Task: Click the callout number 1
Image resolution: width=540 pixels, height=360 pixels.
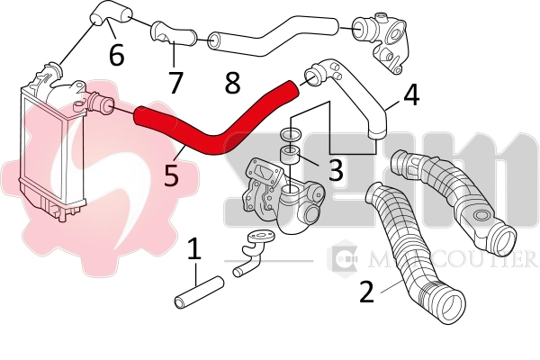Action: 193,249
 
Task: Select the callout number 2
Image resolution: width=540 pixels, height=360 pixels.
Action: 366,292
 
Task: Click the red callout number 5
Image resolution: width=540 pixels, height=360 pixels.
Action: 171,173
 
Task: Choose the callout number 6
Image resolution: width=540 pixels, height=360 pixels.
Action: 116,56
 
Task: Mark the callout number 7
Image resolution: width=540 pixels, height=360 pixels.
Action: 175,82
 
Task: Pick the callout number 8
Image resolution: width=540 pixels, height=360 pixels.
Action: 232,84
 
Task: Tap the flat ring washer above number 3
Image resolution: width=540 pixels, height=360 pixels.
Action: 290,134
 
